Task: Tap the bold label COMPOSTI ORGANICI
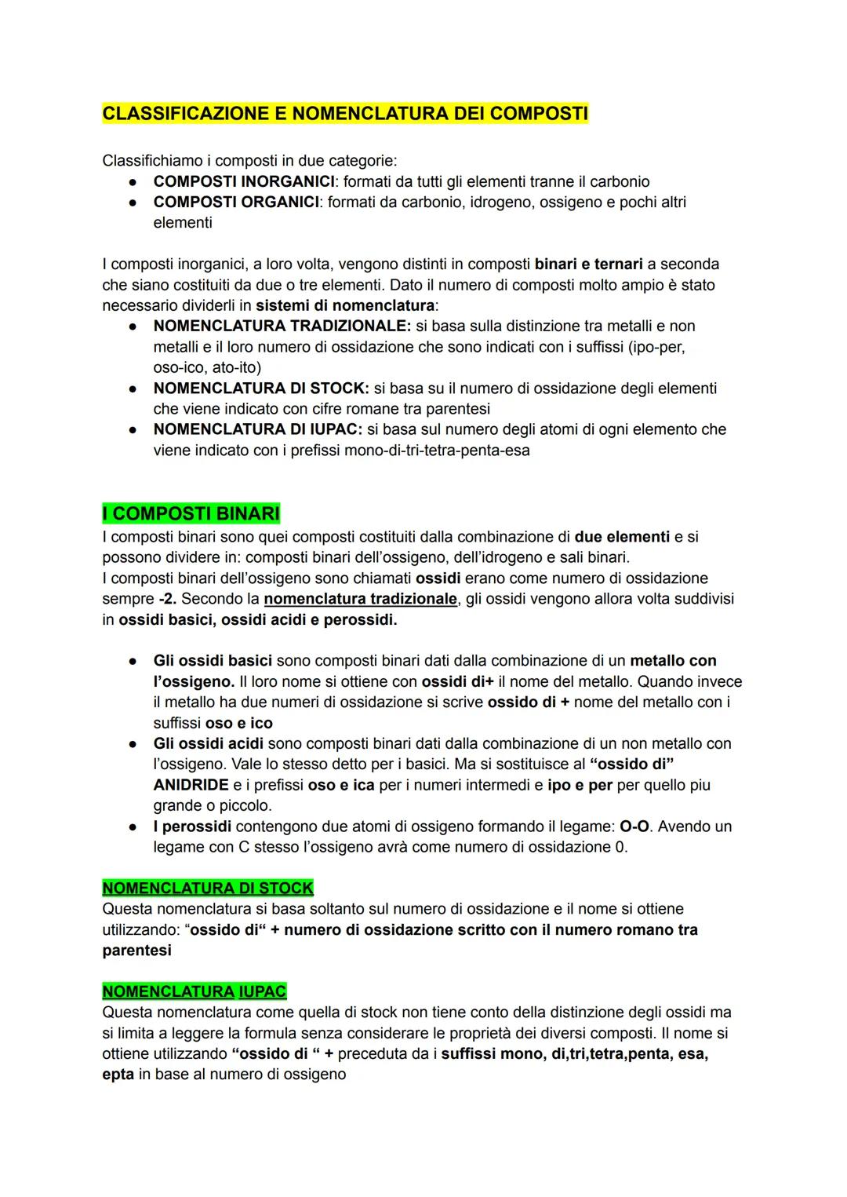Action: coord(236,202)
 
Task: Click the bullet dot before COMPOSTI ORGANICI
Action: coord(134,203)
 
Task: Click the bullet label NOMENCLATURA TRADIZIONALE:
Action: coord(282,326)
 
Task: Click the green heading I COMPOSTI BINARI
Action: coord(191,514)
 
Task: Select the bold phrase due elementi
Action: coord(622,537)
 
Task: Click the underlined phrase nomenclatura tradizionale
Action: coord(360,599)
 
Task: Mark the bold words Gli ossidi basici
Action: coord(213,661)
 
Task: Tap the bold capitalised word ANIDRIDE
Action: coord(191,785)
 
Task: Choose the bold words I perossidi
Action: coord(192,827)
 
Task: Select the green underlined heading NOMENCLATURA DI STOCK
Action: coord(208,889)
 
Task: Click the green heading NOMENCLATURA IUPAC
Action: coord(194,991)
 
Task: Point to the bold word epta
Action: coord(118,1074)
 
